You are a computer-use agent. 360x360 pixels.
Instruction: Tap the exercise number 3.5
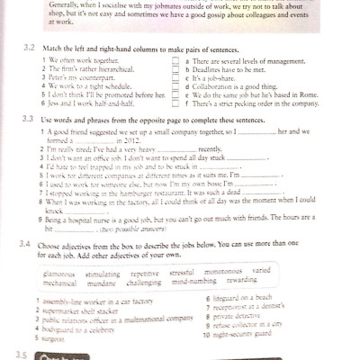[x=22, y=354]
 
